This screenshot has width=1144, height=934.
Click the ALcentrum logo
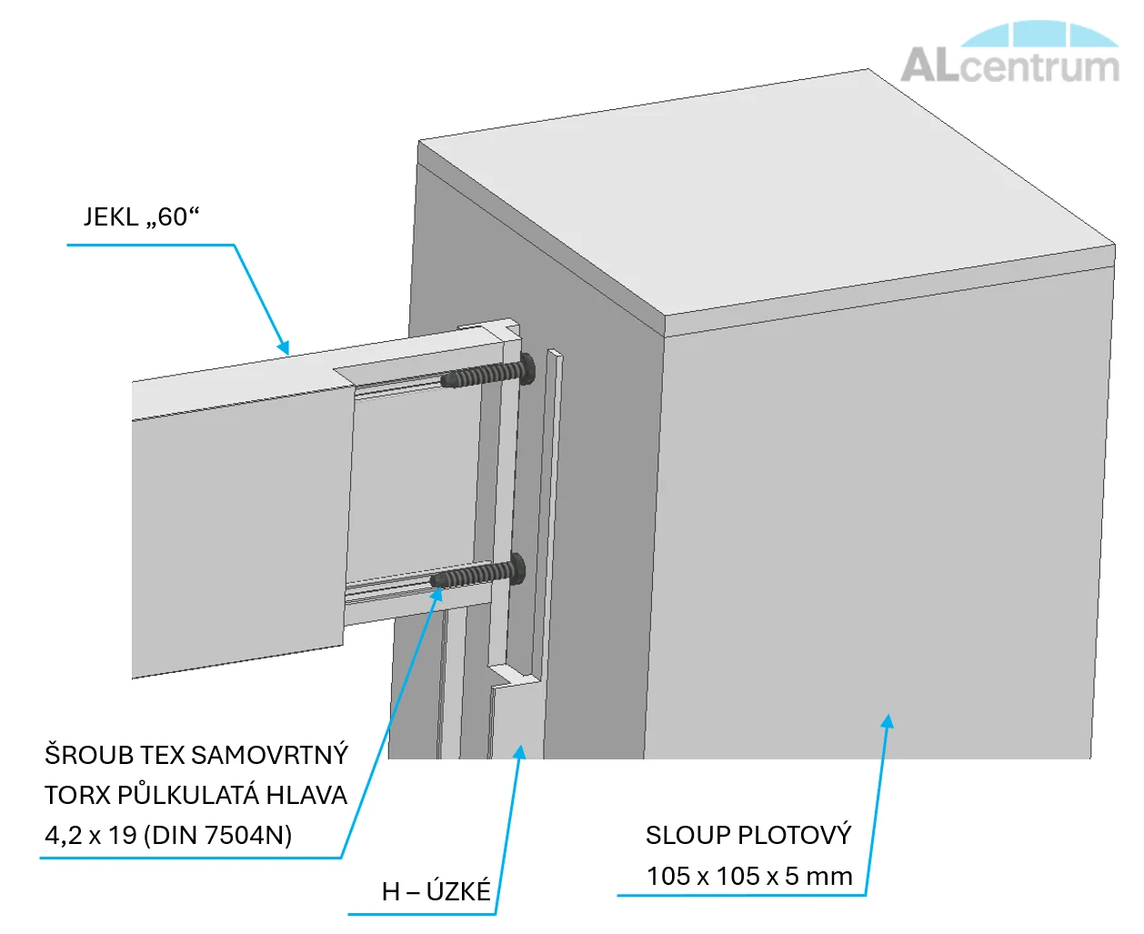[x=1010, y=55]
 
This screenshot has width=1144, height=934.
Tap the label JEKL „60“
[x=141, y=217]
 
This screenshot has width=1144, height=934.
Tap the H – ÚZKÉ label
[x=436, y=891]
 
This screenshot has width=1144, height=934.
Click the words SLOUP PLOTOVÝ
[x=748, y=835]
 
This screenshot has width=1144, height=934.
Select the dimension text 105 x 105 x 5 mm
[x=749, y=876]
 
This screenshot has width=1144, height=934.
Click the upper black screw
[x=487, y=374]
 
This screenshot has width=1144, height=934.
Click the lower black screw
[x=477, y=574]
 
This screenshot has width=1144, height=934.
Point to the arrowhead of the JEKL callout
[x=285, y=348]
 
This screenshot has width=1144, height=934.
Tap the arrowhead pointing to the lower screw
[x=438, y=593]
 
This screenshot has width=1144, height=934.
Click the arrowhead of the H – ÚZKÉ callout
[x=520, y=751]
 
